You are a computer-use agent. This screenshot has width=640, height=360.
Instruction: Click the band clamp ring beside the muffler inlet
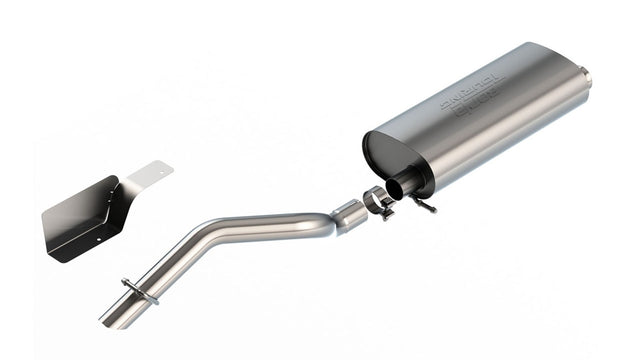tap(376, 199)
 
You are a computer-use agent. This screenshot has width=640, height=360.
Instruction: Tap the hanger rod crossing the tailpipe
tap(140, 291)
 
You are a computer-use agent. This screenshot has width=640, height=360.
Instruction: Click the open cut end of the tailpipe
tap(108, 321)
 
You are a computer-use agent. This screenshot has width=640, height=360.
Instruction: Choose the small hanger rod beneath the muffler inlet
tap(428, 204)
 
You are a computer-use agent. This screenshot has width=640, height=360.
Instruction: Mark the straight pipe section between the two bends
tap(265, 219)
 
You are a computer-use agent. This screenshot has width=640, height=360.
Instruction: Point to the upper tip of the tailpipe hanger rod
tap(124, 282)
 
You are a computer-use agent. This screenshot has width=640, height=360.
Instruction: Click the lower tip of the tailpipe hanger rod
tap(155, 299)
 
